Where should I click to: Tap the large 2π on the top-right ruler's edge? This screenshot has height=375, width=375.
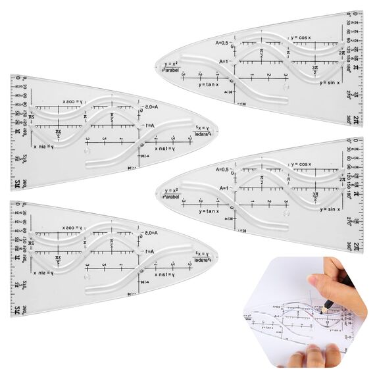coord(356,119)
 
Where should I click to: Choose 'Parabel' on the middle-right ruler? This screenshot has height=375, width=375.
coord(170,196)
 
